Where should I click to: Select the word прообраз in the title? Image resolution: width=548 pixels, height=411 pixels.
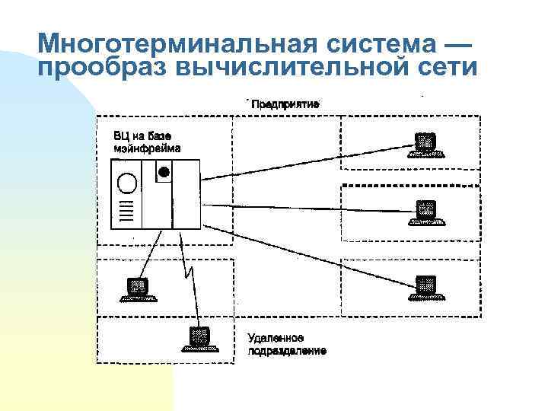(x=102, y=68)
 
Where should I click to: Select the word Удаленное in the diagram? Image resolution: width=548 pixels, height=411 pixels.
(x=277, y=338)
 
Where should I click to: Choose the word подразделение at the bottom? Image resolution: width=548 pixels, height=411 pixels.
(x=287, y=351)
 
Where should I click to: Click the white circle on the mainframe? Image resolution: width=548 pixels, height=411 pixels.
(x=128, y=183)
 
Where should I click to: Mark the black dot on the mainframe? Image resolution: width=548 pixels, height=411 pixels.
(x=162, y=172)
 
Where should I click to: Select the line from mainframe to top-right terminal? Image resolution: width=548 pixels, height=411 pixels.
(x=304, y=162)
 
